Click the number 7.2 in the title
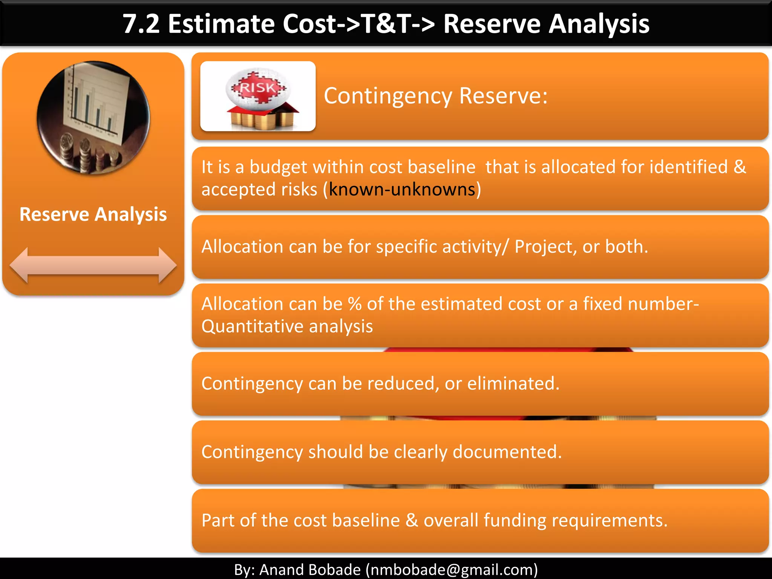pos(141,24)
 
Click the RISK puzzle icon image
pos(258,96)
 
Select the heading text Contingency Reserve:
pos(435,96)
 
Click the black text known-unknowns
pos(402,189)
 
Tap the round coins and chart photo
pos(93,118)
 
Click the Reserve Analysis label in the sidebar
pos(93,214)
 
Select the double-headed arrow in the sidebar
pos(93,265)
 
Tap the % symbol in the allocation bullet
pos(355,304)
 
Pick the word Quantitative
pos(252,326)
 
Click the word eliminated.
pos(513,383)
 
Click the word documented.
pos(507,452)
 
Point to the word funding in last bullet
pos(515,520)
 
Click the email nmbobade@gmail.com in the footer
pos(452,570)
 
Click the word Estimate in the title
pos(222,24)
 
